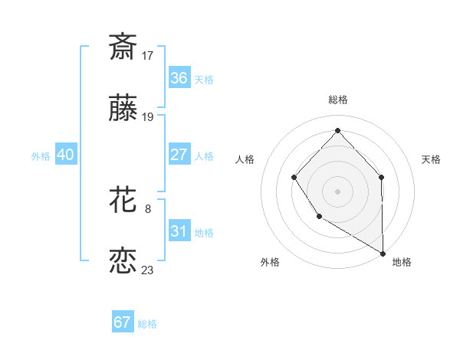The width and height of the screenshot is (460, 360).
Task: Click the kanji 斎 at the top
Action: pos(123,47)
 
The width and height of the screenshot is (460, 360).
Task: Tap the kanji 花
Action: pos(123,201)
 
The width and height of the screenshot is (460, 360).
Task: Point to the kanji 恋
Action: pos(123,261)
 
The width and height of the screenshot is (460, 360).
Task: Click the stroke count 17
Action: pos(148,55)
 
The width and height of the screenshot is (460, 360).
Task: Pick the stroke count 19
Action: pos(148,117)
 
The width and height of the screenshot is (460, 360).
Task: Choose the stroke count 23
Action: pos(148,270)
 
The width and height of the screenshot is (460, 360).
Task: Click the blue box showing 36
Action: pos(179,78)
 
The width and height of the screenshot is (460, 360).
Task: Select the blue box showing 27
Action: pos(179,155)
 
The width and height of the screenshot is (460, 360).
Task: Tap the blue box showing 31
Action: pos(179,231)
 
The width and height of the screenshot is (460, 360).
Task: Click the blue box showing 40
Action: pos(65,155)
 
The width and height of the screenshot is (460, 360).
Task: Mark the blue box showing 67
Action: pos(122,322)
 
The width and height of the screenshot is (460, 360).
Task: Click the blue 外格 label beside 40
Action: pos(41,155)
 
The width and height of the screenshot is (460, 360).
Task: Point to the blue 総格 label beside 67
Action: pos(147,324)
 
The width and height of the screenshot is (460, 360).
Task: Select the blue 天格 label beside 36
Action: pos(204,79)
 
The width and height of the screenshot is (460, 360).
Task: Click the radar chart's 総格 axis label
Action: pos(338,100)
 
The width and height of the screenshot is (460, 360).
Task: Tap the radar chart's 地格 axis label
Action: pos(402,262)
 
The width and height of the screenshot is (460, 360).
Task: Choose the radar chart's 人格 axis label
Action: pos(245,159)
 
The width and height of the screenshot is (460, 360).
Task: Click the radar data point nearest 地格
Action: pos(383,253)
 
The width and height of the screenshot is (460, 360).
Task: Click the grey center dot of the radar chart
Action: pos(337,191)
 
